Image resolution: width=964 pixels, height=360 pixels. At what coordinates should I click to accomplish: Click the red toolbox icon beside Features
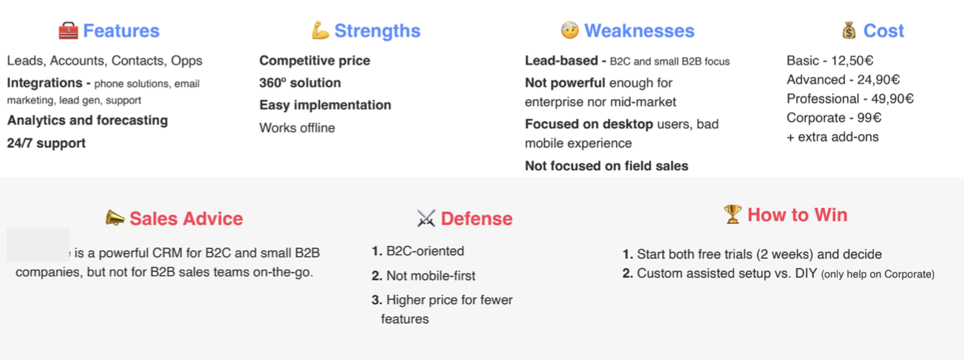(x=68, y=31)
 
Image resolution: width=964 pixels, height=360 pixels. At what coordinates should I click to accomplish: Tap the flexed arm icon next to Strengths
(x=320, y=30)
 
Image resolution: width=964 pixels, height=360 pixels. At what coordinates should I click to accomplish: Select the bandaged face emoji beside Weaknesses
(x=570, y=29)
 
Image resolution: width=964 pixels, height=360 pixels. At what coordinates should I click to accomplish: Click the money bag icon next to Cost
(x=849, y=31)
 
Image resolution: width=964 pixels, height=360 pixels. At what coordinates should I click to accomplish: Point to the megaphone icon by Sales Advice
(x=115, y=217)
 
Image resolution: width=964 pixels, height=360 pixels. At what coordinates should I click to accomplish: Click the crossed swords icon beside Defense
(x=426, y=218)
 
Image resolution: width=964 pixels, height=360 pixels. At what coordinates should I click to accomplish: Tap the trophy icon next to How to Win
(x=732, y=214)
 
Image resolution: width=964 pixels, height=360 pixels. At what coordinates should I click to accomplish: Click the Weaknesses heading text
(x=639, y=31)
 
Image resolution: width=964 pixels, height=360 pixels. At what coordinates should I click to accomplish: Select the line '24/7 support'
(x=46, y=143)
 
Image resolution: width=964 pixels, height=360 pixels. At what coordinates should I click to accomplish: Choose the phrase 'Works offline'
(x=297, y=128)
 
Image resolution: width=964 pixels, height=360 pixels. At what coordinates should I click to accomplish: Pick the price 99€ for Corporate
(x=870, y=118)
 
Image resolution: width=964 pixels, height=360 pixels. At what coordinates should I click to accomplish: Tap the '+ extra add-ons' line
(x=832, y=137)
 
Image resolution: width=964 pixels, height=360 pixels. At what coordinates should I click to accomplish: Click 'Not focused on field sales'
(x=606, y=166)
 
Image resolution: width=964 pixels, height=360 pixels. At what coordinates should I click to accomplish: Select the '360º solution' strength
(x=300, y=82)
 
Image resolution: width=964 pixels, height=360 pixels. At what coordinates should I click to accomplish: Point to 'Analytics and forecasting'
(x=88, y=120)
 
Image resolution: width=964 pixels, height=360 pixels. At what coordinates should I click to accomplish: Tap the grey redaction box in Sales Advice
(x=38, y=245)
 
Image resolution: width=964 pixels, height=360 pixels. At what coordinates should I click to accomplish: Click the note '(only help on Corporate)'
(x=878, y=275)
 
